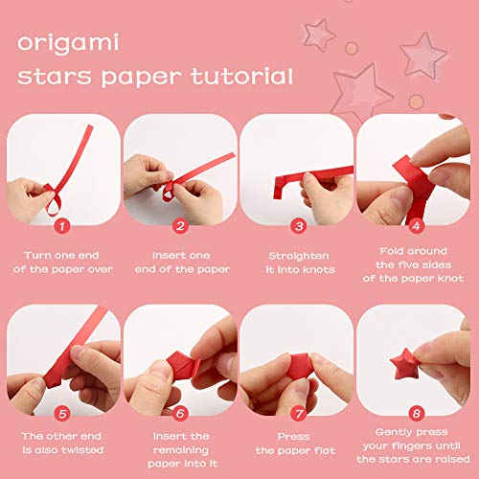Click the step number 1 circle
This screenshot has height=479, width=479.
[x=62, y=227]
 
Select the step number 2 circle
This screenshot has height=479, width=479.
[x=179, y=227]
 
